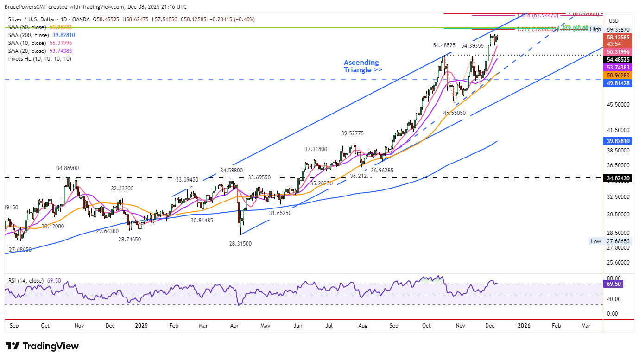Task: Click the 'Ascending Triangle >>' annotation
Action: pyautogui.click(x=362, y=66)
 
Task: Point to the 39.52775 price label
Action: pyautogui.click(x=353, y=133)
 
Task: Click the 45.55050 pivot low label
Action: pyautogui.click(x=455, y=113)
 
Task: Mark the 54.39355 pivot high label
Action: pyautogui.click(x=472, y=45)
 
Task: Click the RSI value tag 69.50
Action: pyautogui.click(x=614, y=284)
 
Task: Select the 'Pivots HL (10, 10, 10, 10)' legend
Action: pyautogui.click(x=40, y=59)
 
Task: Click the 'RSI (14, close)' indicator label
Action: pyautogui.click(x=26, y=281)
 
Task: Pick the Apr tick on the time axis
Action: pyautogui.click(x=234, y=326)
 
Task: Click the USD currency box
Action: pyautogui.click(x=614, y=21)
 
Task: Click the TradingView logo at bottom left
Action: pyautogui.click(x=42, y=346)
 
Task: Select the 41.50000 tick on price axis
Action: pyautogui.click(x=619, y=131)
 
